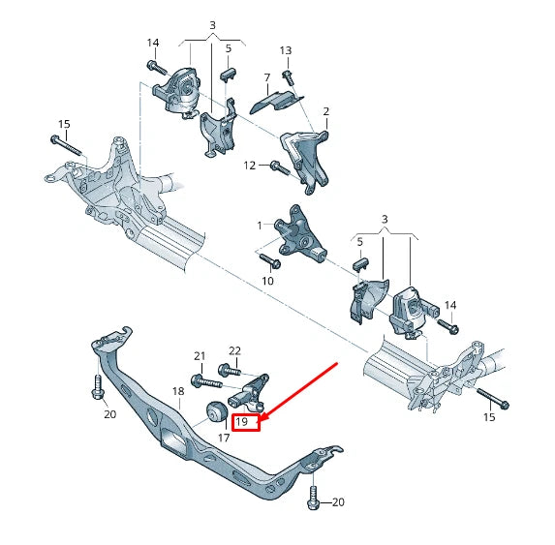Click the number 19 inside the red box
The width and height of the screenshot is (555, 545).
pos(244,422)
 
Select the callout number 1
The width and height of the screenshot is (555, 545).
pos(259,226)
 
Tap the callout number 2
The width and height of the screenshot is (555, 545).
pos(325,111)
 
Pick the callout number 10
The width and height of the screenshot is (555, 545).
pos(267,281)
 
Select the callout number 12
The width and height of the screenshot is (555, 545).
pos(249,166)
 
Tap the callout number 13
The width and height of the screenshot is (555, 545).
pos(285,50)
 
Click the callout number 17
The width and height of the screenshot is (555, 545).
pos(223,439)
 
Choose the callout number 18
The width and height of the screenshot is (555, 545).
pos(178,391)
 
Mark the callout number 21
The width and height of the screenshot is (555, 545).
pos(200,356)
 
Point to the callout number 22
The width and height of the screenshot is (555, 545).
pos(234,349)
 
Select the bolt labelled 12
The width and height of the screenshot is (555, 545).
pos(277,167)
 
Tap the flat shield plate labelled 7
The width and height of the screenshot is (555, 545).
pos(275,97)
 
